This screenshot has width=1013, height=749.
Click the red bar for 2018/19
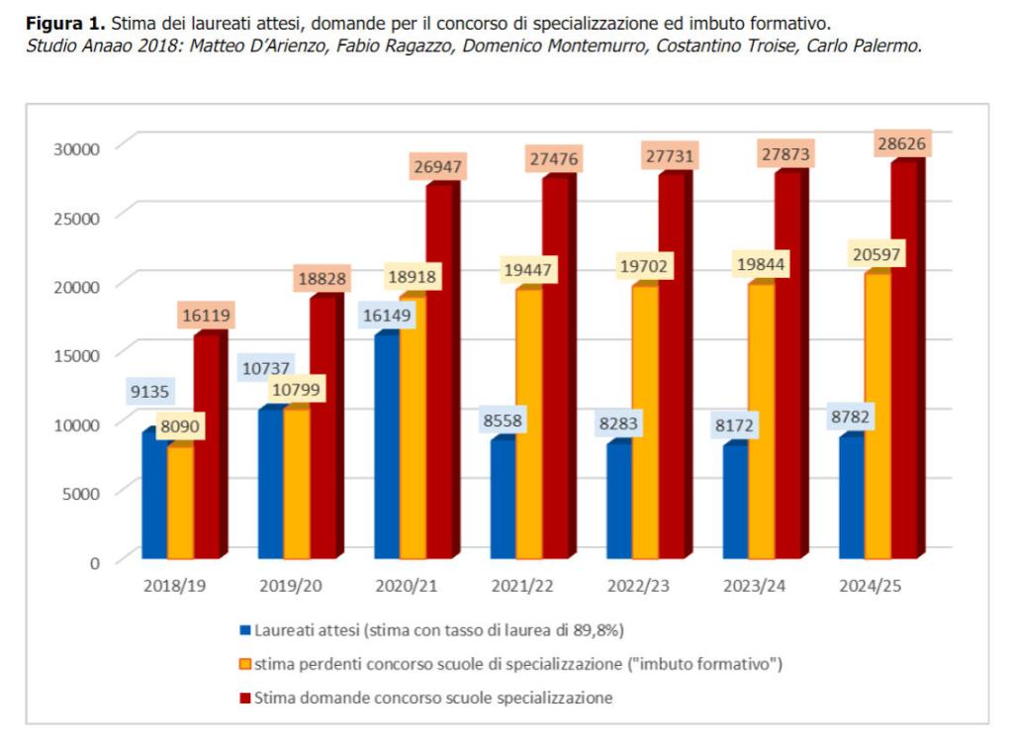(206, 445)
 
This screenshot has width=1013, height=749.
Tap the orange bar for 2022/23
(644, 425)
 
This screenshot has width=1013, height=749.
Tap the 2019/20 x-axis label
(291, 586)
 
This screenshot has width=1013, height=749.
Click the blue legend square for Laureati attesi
(244, 629)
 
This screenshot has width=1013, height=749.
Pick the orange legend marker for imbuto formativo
(244, 664)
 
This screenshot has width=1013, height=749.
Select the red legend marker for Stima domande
(244, 699)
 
